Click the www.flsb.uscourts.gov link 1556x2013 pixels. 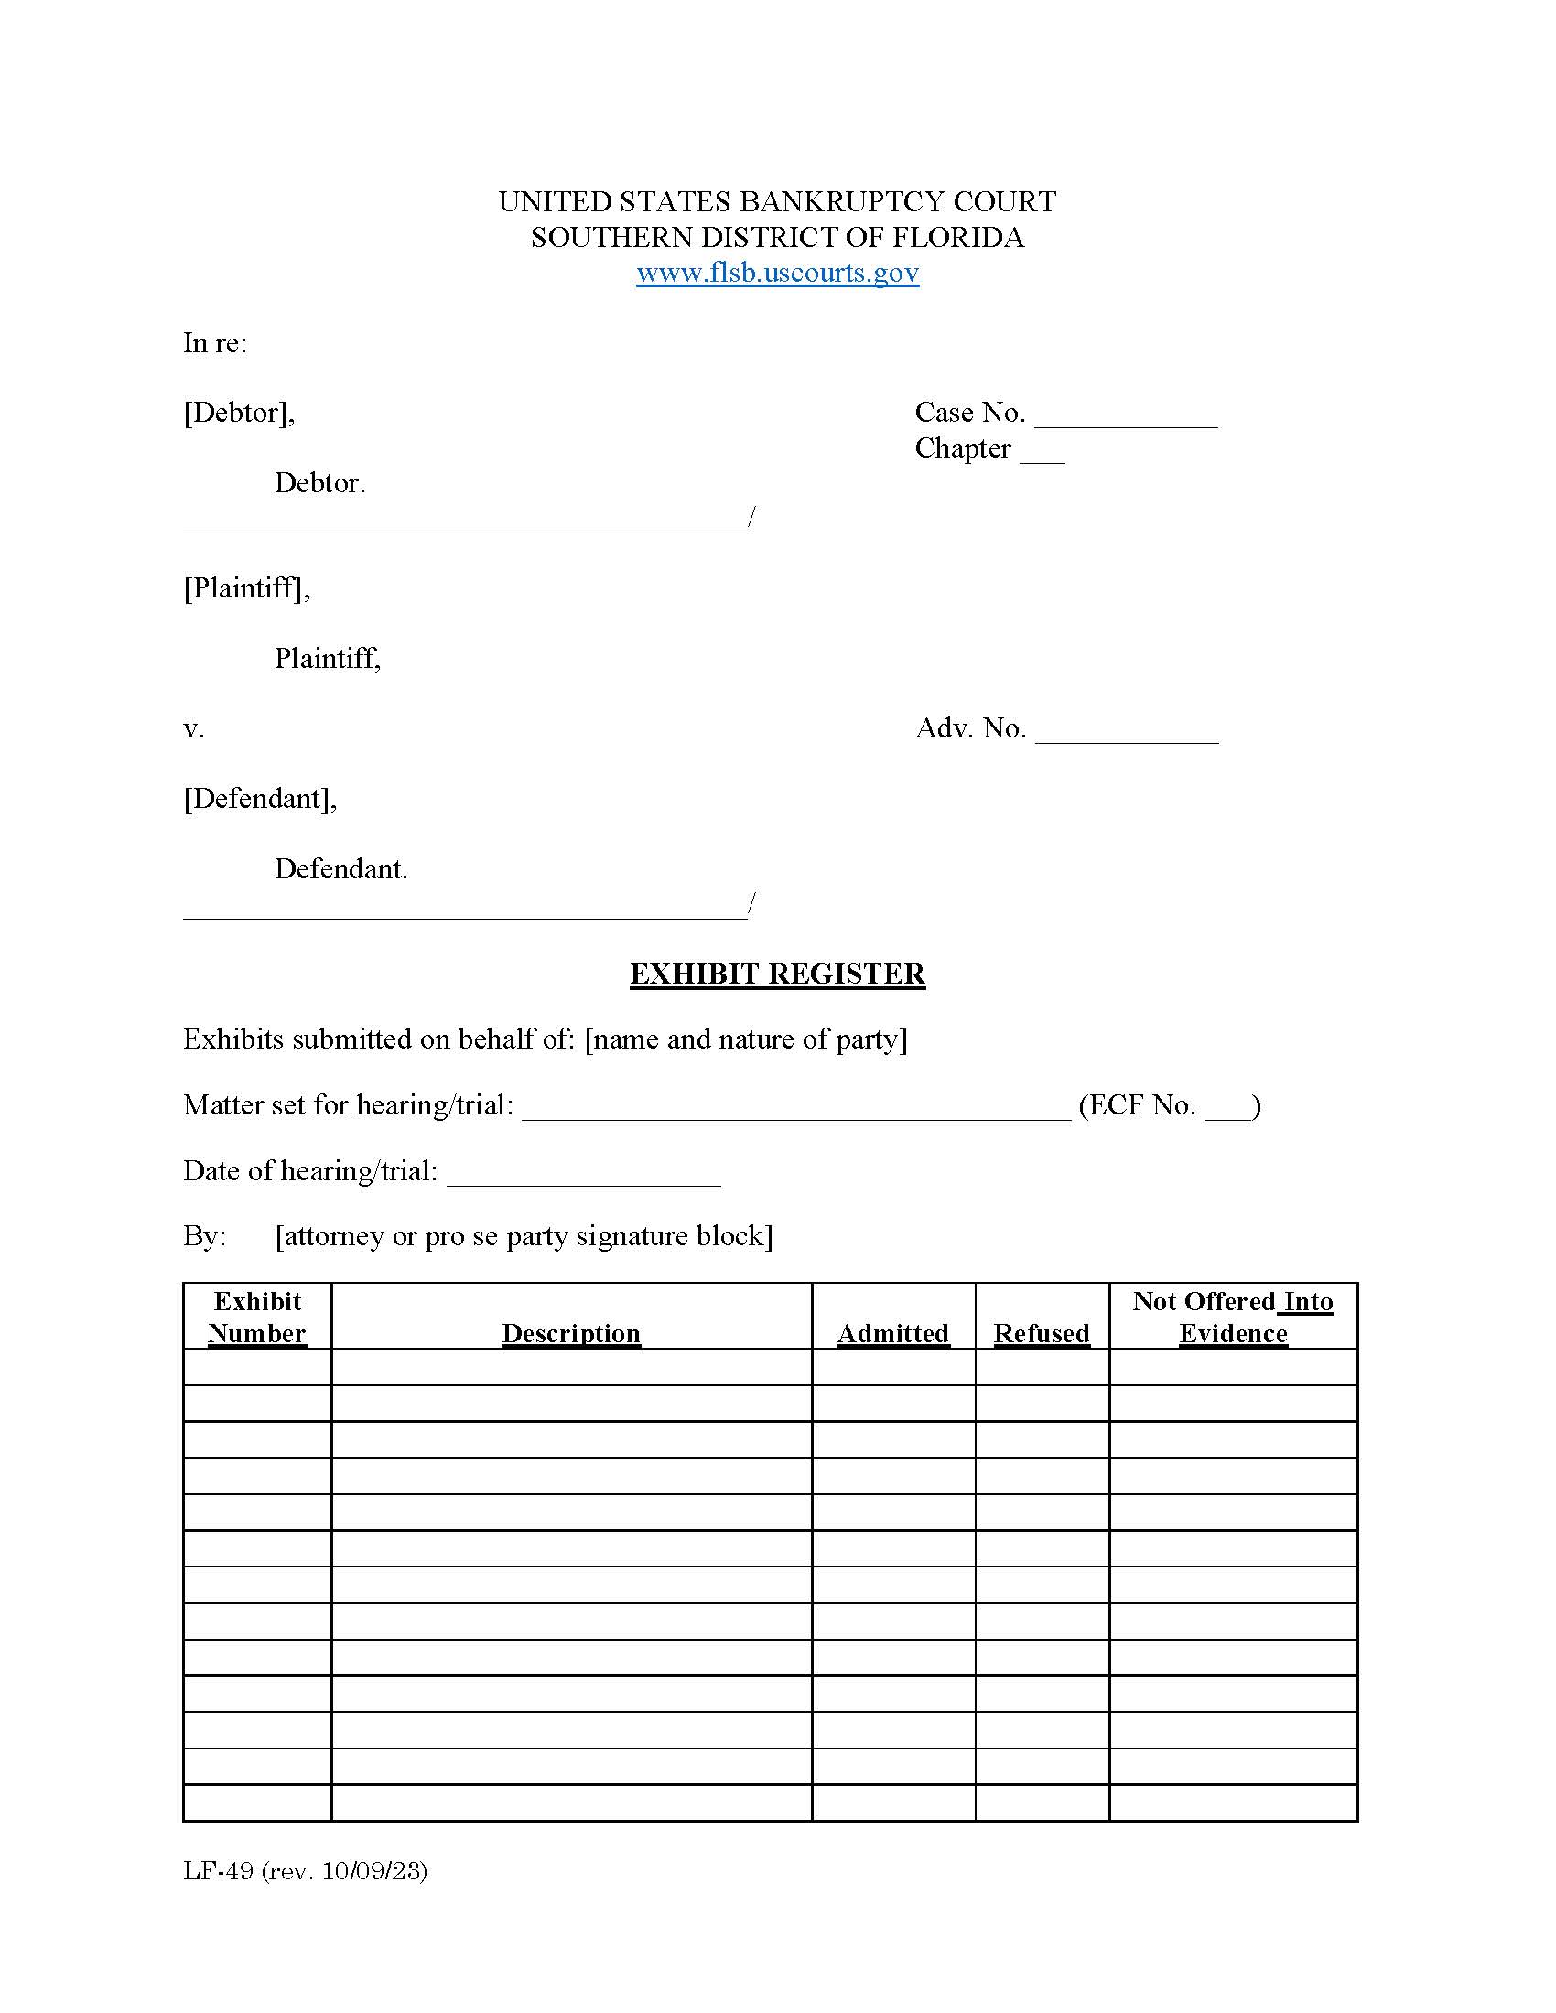point(777,273)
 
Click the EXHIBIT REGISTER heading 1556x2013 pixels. point(777,974)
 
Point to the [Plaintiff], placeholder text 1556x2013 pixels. point(246,588)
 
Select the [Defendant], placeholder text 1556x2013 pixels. point(260,798)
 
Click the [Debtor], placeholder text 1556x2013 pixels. point(239,413)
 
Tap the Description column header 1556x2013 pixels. point(570,1333)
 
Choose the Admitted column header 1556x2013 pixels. point(892,1333)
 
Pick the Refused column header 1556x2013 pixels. point(1042,1333)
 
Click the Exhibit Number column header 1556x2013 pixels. point(257,1317)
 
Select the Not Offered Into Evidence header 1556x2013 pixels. point(1233,1317)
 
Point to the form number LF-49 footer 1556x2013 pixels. point(305,1871)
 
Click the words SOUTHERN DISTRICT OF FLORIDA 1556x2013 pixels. point(777,238)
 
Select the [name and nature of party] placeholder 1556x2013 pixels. point(746,1039)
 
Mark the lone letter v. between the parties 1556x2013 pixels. point(193,729)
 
